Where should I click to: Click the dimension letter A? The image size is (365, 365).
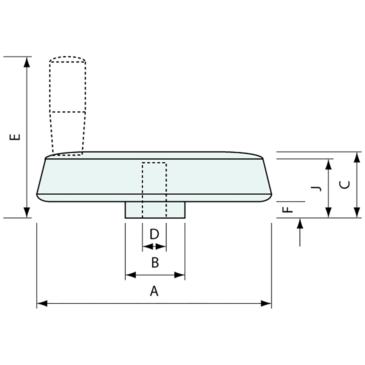coord(154,291)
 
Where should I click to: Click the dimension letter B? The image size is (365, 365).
coord(155,263)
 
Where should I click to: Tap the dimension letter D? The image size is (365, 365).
coord(154,234)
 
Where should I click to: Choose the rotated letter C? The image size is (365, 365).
coord(345,185)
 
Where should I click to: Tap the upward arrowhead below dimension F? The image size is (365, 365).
coord(300,223)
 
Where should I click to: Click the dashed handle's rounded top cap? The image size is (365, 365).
coord(67,58)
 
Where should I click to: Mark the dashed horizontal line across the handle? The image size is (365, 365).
coord(68,111)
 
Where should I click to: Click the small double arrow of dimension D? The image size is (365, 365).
coord(154,247)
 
